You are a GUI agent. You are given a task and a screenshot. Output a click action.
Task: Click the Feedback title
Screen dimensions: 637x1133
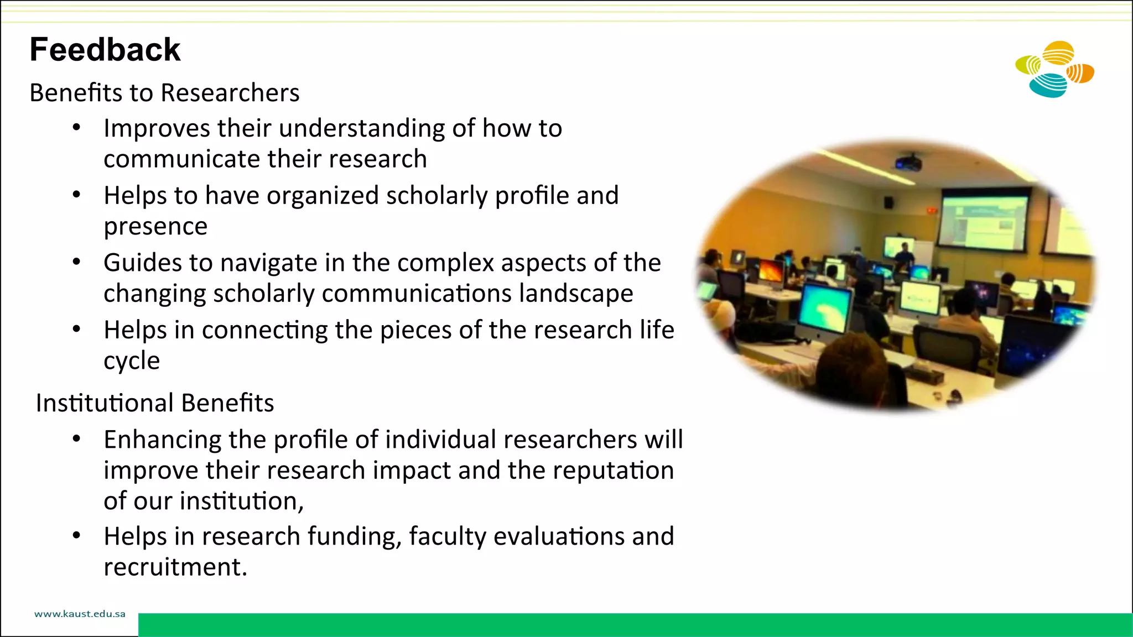tap(105, 50)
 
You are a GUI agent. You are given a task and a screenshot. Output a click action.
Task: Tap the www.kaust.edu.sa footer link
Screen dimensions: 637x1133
tap(80, 614)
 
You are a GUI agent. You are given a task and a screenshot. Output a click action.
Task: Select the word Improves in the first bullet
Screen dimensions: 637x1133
tap(157, 128)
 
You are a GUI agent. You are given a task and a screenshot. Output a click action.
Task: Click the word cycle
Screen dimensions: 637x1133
tap(132, 361)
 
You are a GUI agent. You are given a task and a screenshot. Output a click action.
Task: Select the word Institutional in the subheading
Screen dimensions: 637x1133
tap(105, 403)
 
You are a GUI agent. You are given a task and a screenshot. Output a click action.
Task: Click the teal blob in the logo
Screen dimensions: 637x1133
tap(1047, 86)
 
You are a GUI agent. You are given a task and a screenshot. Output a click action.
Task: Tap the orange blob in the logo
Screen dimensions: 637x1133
tap(1080, 73)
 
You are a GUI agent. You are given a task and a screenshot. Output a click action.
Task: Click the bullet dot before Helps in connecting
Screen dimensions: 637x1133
tap(77, 330)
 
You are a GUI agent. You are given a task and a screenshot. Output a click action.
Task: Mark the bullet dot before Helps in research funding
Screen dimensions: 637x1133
tap(77, 536)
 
